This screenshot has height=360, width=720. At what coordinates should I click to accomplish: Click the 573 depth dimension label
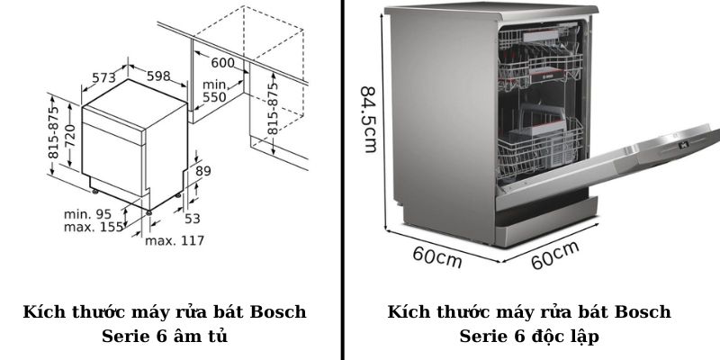pyautogui.click(x=103, y=77)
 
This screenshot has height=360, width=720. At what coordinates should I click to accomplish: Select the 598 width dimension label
pyautogui.click(x=158, y=76)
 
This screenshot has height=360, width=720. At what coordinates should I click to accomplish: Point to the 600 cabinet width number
pyautogui.click(x=222, y=62)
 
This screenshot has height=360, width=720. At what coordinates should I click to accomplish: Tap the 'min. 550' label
pyautogui.click(x=214, y=91)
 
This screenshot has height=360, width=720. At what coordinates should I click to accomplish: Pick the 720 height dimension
pyautogui.click(x=70, y=136)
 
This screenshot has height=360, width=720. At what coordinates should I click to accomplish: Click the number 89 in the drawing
pyautogui.click(x=203, y=171)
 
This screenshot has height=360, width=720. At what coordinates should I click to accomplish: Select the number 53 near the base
pyautogui.click(x=193, y=219)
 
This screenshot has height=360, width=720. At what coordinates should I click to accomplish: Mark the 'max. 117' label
pyautogui.click(x=175, y=240)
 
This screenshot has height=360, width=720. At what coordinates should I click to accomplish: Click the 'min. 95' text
pyautogui.click(x=87, y=214)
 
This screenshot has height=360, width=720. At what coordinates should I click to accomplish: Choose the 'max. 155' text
pyautogui.click(x=94, y=227)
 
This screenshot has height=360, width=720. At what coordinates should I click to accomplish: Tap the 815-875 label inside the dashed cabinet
pyautogui.click(x=273, y=108)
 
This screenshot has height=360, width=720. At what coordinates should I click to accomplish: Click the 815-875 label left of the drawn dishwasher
pyautogui.click(x=54, y=132)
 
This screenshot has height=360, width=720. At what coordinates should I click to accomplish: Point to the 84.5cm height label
pyautogui.click(x=369, y=120)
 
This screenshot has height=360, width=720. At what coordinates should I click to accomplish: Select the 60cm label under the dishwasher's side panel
pyautogui.click(x=437, y=257)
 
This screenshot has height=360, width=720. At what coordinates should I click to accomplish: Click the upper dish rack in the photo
pyautogui.click(x=540, y=59)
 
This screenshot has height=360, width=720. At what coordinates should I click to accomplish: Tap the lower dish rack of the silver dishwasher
pyautogui.click(x=540, y=147)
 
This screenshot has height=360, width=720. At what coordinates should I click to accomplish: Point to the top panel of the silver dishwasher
pyautogui.click(x=491, y=11)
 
